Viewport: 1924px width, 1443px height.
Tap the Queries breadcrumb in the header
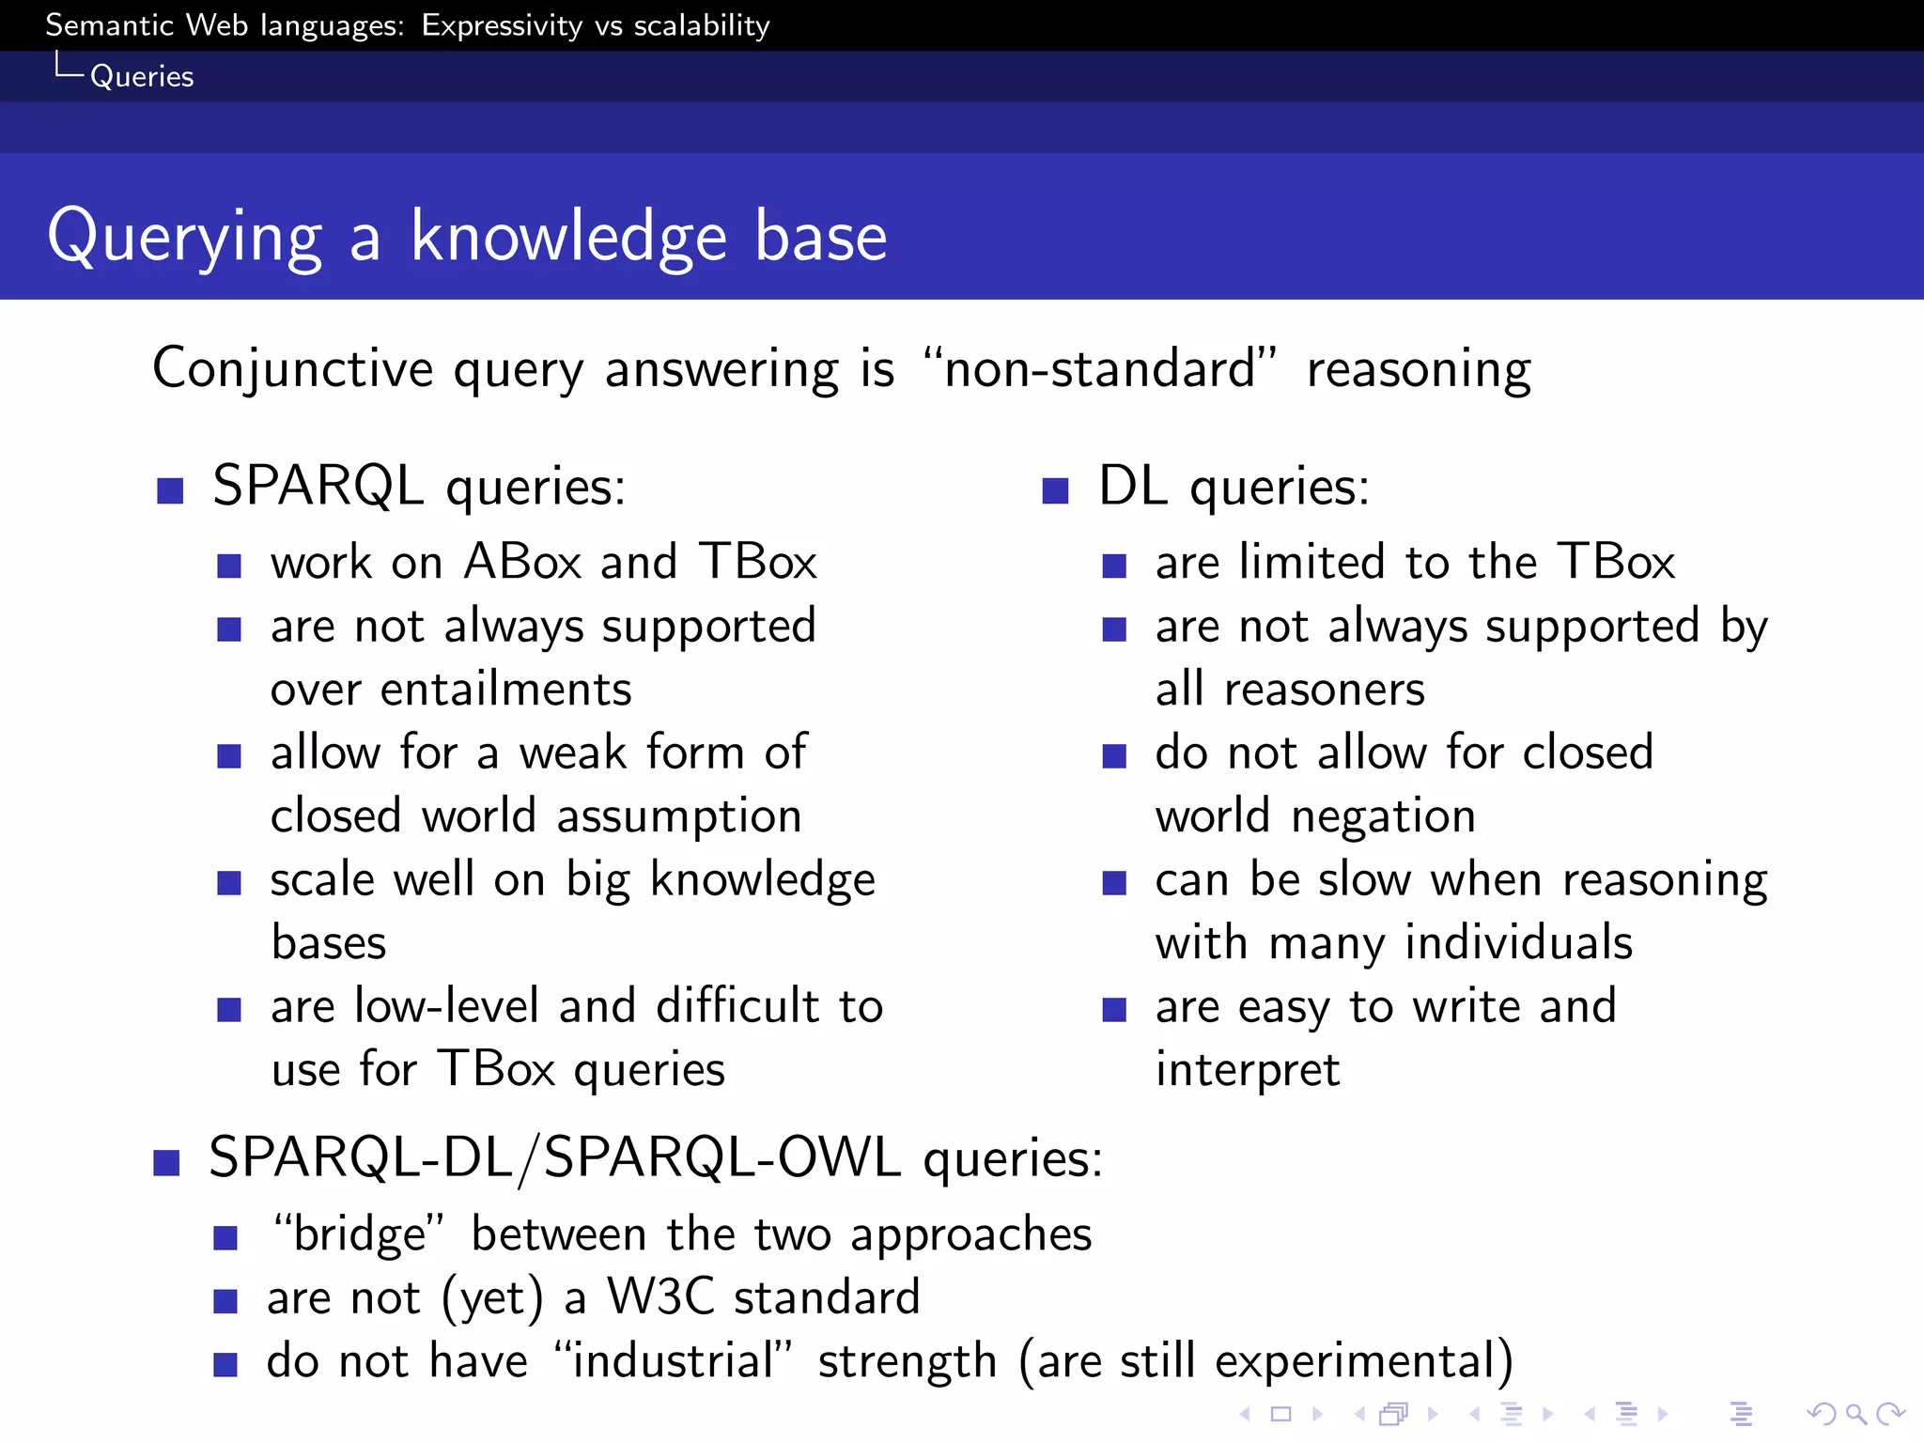pyautogui.click(x=142, y=76)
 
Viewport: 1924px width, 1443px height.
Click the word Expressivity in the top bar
pyautogui.click(x=502, y=25)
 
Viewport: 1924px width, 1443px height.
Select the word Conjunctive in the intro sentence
pyautogui.click(x=292, y=368)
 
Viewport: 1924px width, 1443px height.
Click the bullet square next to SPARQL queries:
pyautogui.click(x=170, y=490)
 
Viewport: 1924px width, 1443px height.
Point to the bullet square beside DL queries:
pyautogui.click(x=1055, y=490)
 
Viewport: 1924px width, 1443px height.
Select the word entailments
pyautogui.click(x=505, y=690)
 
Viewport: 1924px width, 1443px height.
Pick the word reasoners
pyautogui.click(x=1324, y=690)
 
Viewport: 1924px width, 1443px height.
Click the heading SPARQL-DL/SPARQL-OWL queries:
pyautogui.click(x=655, y=1157)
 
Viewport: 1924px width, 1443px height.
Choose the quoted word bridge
pyautogui.click(x=359, y=1234)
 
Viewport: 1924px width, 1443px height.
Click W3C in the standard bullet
pyautogui.click(x=660, y=1297)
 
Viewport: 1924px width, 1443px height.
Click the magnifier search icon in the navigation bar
pyautogui.click(x=1855, y=1413)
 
